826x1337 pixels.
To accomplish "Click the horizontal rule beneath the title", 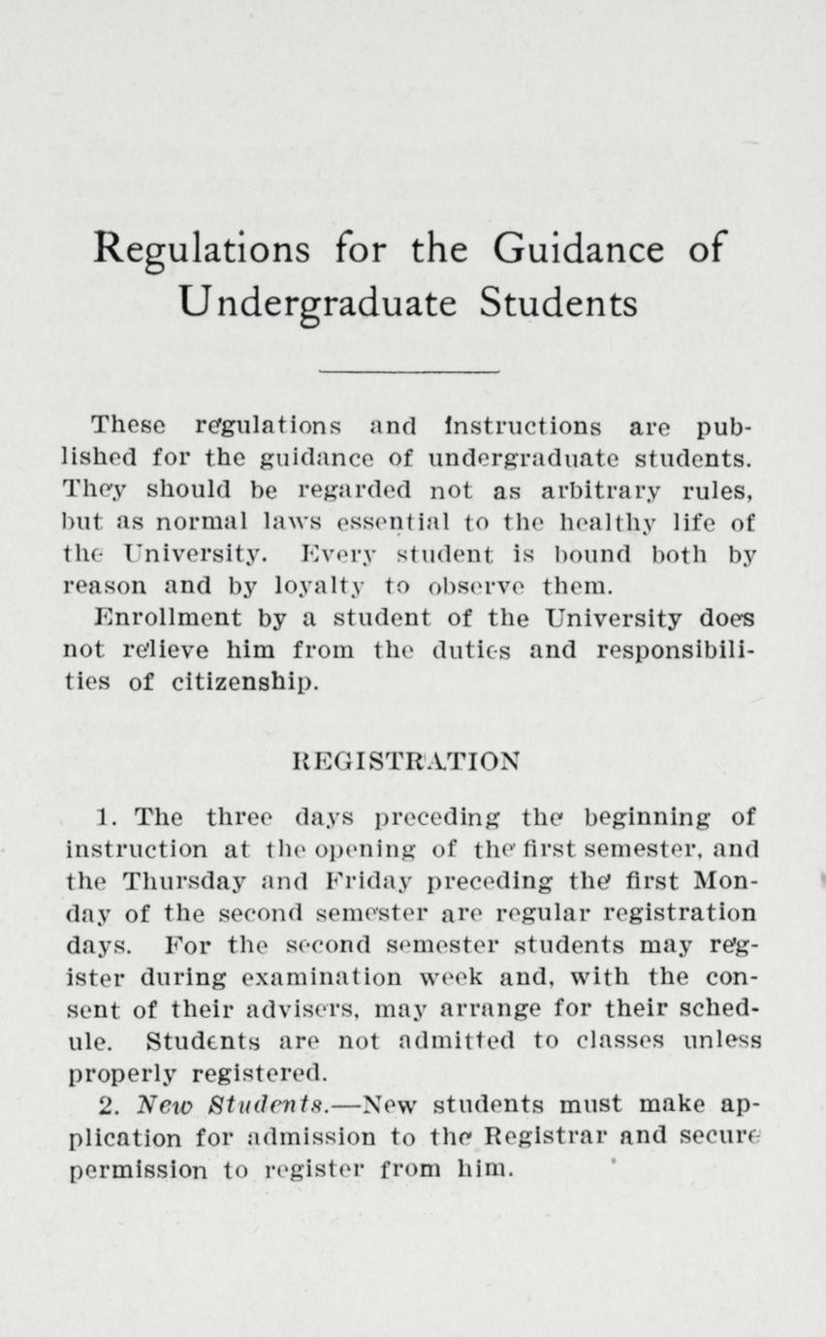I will tap(408, 370).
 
